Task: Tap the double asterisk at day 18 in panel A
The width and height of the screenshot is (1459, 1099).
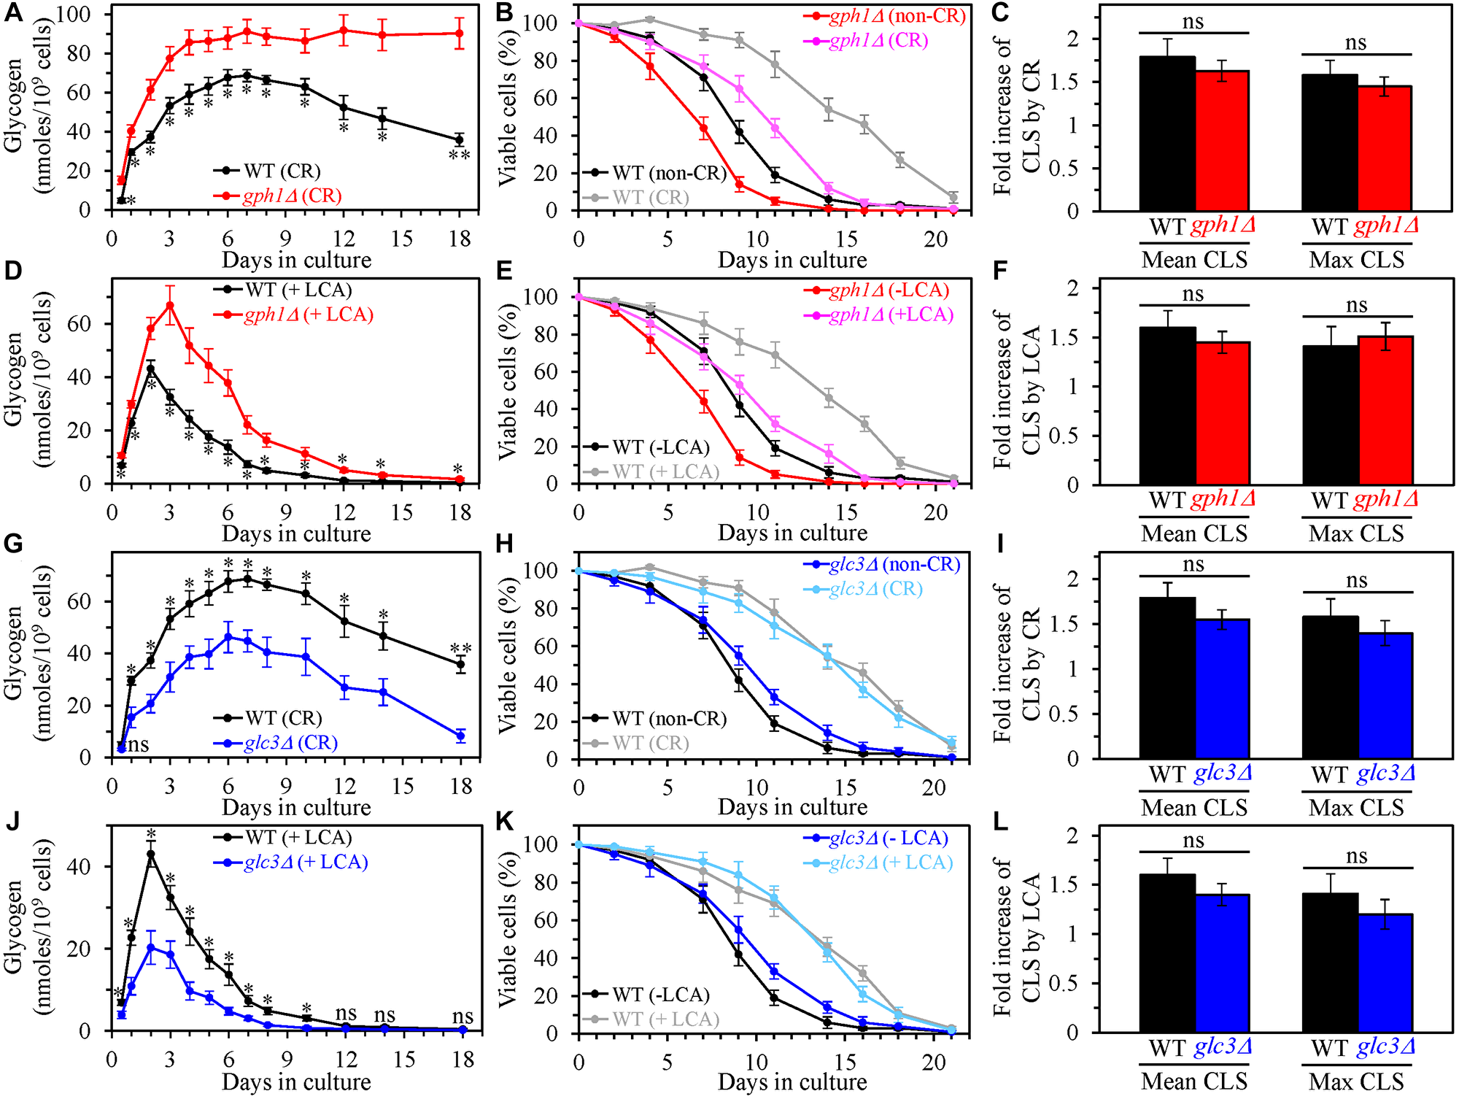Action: coord(459,155)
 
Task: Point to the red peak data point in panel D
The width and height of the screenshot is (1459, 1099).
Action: coord(169,305)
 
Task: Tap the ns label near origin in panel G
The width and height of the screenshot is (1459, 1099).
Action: coord(138,744)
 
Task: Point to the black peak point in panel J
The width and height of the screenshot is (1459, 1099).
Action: coord(151,854)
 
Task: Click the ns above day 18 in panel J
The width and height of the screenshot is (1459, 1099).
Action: coord(463,1016)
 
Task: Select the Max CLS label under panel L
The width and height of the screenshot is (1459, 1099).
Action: coord(1356,1081)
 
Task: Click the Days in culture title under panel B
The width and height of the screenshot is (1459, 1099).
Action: coord(792,260)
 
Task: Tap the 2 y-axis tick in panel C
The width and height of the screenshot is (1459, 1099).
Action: coord(1072,39)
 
